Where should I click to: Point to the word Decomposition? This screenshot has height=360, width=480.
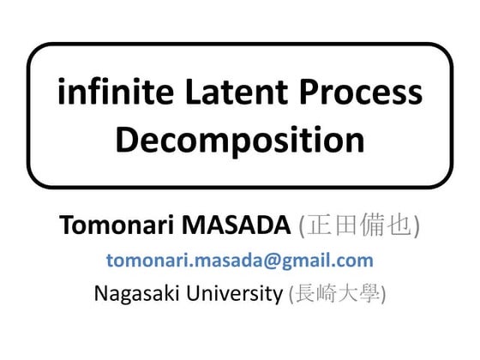[x=240, y=140]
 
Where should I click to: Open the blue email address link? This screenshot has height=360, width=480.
[x=240, y=261]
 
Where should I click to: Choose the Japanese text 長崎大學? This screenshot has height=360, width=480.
[x=338, y=294]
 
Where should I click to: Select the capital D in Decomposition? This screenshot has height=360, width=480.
[x=126, y=140]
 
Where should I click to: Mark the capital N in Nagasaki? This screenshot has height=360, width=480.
[x=102, y=293]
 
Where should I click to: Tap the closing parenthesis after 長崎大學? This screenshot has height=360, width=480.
[x=383, y=294]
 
